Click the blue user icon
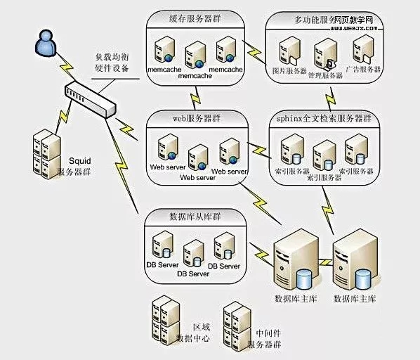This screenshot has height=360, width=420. tap(44, 44)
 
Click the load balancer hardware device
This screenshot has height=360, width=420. tap(88, 99)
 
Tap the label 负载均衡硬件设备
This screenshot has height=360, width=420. tap(112, 62)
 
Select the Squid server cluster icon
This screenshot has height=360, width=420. tap(41, 153)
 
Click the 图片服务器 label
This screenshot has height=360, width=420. tap(289, 71)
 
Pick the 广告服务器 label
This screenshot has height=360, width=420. tap(362, 70)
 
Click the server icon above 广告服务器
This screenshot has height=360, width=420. tap(362, 50)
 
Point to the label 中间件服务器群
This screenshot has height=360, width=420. tap(268, 339)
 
